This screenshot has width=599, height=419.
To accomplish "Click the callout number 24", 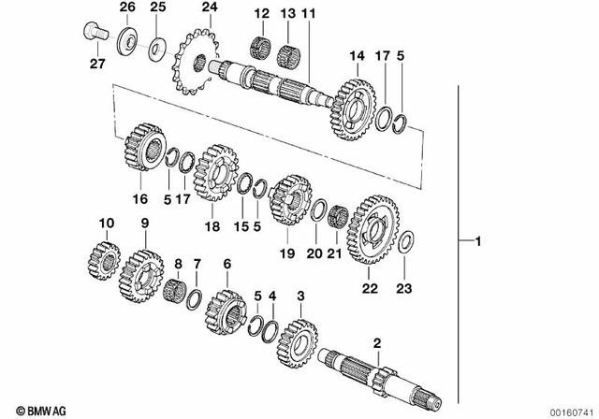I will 208,8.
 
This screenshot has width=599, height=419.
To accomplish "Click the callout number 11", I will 309,14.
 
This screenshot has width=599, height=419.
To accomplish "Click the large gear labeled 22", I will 378,228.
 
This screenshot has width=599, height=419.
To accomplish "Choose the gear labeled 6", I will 225,309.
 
